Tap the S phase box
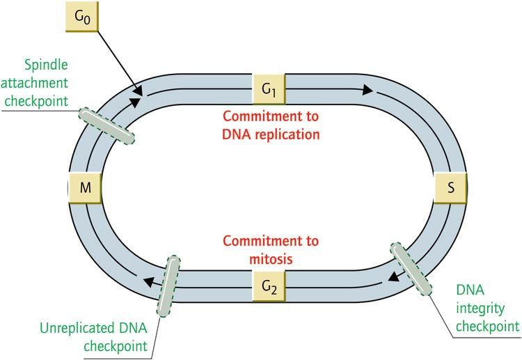pos(450,189)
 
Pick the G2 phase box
pos(269,285)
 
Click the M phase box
pos(85,189)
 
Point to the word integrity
pos(492,309)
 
